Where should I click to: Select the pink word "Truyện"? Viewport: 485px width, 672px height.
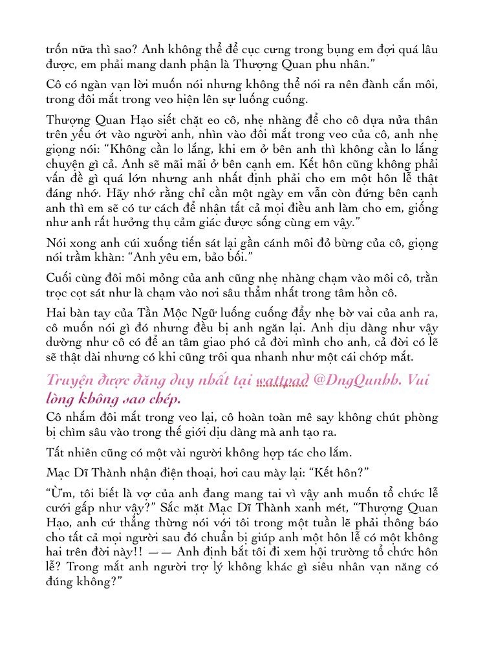73,381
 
